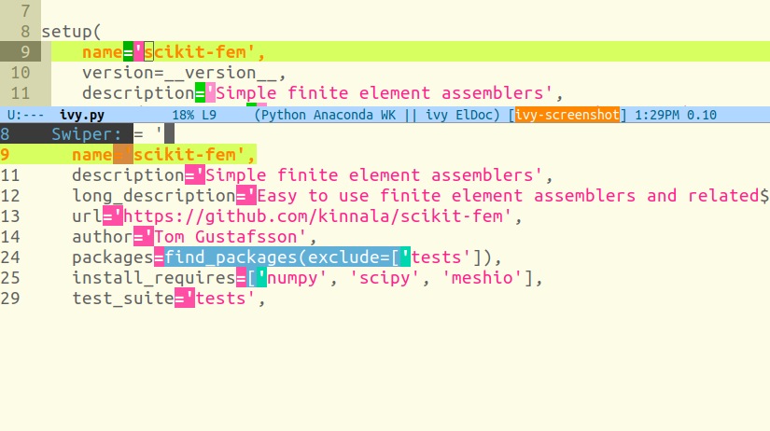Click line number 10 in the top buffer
tap(21, 72)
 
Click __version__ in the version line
tap(232, 72)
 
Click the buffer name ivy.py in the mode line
tap(83, 116)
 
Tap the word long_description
tap(153, 196)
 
